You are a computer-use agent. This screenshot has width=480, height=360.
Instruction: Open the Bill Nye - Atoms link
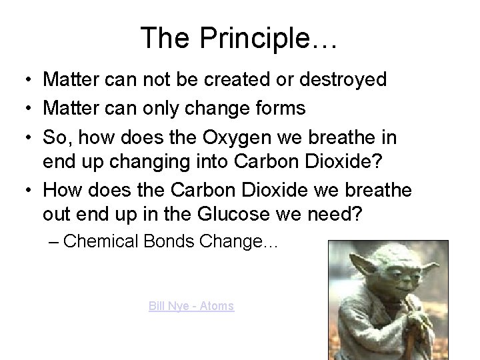point(191,306)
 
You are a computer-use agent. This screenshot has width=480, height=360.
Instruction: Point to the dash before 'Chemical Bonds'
point(54,242)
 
